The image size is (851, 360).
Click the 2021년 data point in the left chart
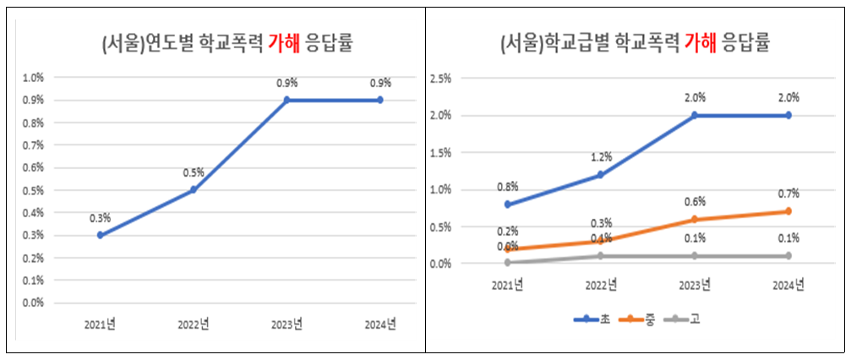[101, 235]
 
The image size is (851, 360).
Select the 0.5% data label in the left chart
[194, 173]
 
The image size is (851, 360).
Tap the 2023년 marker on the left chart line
[286, 100]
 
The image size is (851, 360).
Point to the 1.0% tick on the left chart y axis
[33, 78]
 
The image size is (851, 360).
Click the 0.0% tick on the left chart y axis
[33, 303]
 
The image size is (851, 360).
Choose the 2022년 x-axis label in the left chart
[194, 325]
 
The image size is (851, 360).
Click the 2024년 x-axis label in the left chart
[379, 325]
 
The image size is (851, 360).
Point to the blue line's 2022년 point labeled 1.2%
[600, 175]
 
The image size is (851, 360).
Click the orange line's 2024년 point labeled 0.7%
[788, 211]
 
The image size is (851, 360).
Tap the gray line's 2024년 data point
[788, 255]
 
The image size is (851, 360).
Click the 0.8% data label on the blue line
[507, 187]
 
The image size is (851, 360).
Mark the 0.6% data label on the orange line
[695, 202]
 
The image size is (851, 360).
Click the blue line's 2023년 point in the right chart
[695, 115]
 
